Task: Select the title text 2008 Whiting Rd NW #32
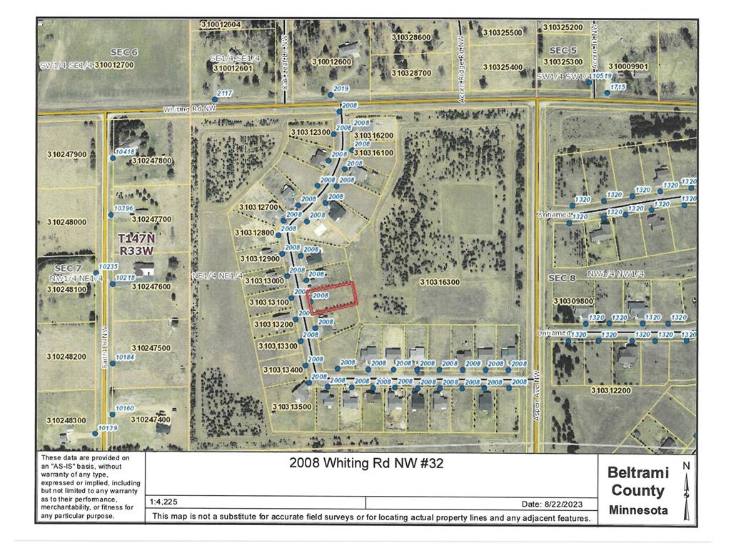point(366,463)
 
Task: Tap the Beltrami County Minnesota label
point(638,491)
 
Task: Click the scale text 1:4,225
point(166,502)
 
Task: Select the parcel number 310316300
point(440,283)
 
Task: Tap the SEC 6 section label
point(123,52)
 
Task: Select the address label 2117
point(225,93)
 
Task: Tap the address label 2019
point(341,88)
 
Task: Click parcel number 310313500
point(291,407)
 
